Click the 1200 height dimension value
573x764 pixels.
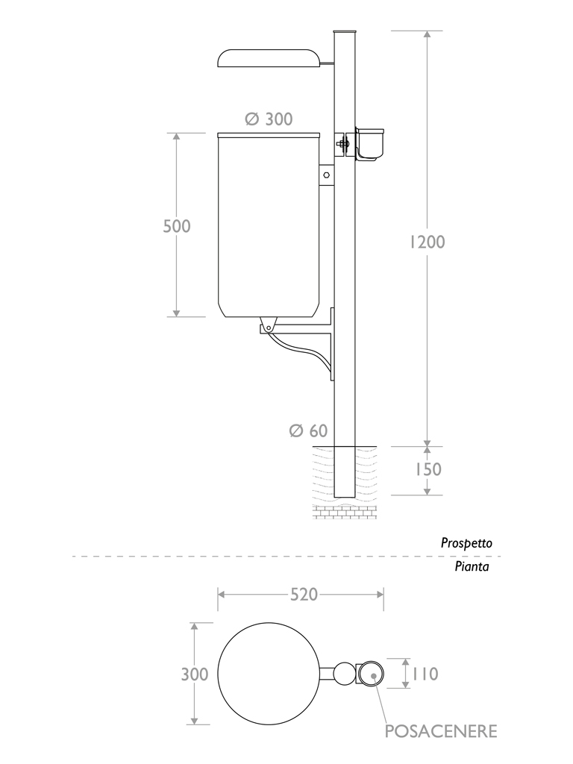[x=427, y=242]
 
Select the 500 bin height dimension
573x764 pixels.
[x=177, y=226]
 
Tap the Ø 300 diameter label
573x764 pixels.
[x=269, y=119]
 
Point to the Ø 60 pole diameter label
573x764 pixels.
[x=308, y=430]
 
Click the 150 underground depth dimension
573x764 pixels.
[x=427, y=469]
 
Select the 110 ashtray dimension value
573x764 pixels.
[x=423, y=674]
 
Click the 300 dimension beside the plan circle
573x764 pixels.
[x=195, y=674]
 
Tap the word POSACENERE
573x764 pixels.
[x=440, y=731]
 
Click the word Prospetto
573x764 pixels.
[x=466, y=544]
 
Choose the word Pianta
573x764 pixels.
[x=472, y=567]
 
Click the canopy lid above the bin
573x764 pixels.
[x=268, y=57]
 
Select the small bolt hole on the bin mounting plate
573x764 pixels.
[x=326, y=175]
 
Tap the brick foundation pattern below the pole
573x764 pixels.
[x=344, y=513]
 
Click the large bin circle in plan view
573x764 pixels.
[x=268, y=674]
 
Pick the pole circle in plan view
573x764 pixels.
[x=344, y=674]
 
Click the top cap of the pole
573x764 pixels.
[x=344, y=31]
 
